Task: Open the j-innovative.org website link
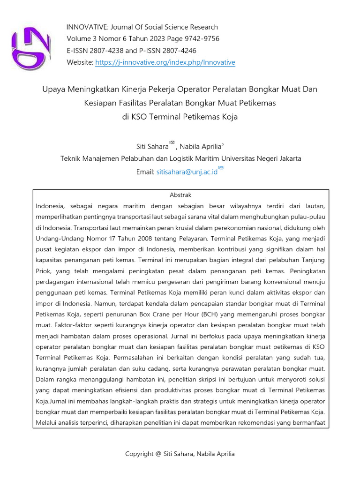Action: (x=165, y=63)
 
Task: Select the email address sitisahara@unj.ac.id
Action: (x=187, y=172)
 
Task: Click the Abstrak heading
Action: (x=180, y=195)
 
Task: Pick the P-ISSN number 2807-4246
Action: (x=177, y=51)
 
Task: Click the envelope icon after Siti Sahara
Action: (x=172, y=142)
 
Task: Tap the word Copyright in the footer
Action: (x=140, y=453)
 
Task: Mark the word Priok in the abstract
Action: (x=44, y=270)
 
